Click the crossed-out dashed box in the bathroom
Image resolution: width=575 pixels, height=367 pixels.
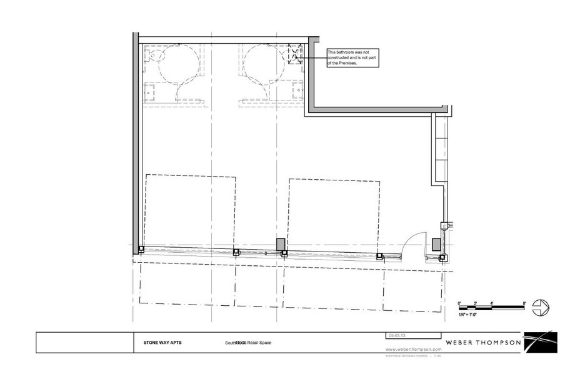pos(294,57)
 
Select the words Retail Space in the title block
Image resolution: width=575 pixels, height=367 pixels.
pos(259,343)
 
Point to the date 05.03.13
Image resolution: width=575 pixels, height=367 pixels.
pos(396,335)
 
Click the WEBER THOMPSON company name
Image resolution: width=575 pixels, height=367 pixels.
pos(484,343)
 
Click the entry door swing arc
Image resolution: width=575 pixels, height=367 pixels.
pos(411,241)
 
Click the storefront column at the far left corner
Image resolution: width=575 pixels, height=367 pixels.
pos(141,250)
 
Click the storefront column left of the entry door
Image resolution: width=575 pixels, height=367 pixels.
pos(379,255)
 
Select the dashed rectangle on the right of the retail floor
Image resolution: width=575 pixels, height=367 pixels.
pos(334,212)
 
